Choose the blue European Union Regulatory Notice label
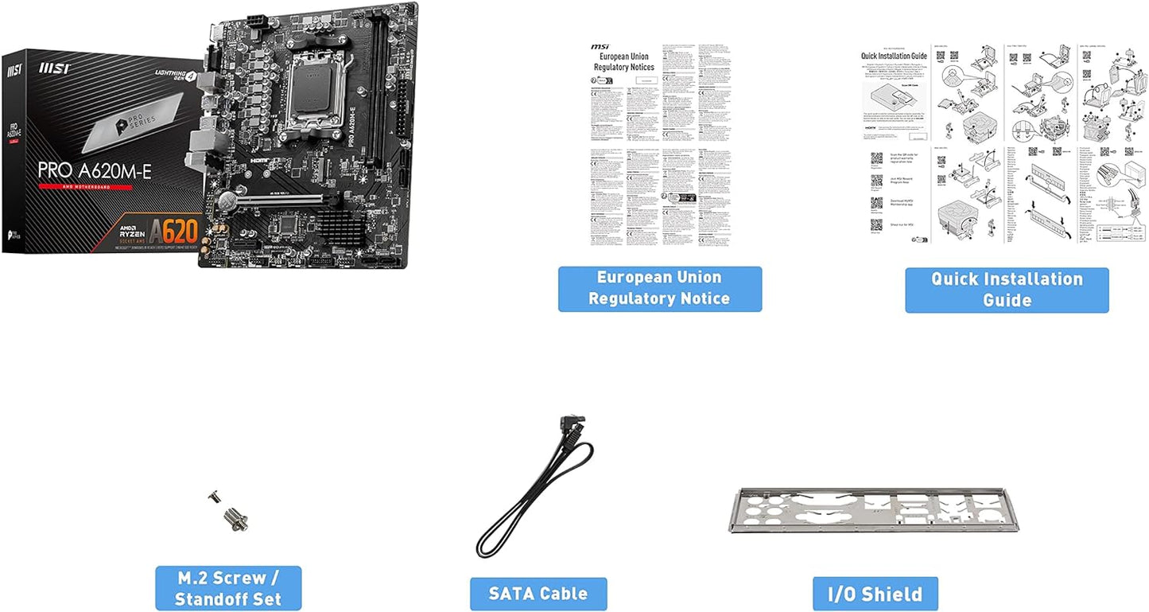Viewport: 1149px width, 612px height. (x=659, y=288)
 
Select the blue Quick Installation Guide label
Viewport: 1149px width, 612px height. (x=1007, y=290)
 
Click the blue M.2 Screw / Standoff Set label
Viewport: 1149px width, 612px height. (x=228, y=588)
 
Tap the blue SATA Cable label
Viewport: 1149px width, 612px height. (x=538, y=594)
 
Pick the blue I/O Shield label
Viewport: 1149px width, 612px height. (x=875, y=594)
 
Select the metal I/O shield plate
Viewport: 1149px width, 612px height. (x=875, y=510)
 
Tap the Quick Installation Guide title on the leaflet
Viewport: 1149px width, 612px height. (x=894, y=56)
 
